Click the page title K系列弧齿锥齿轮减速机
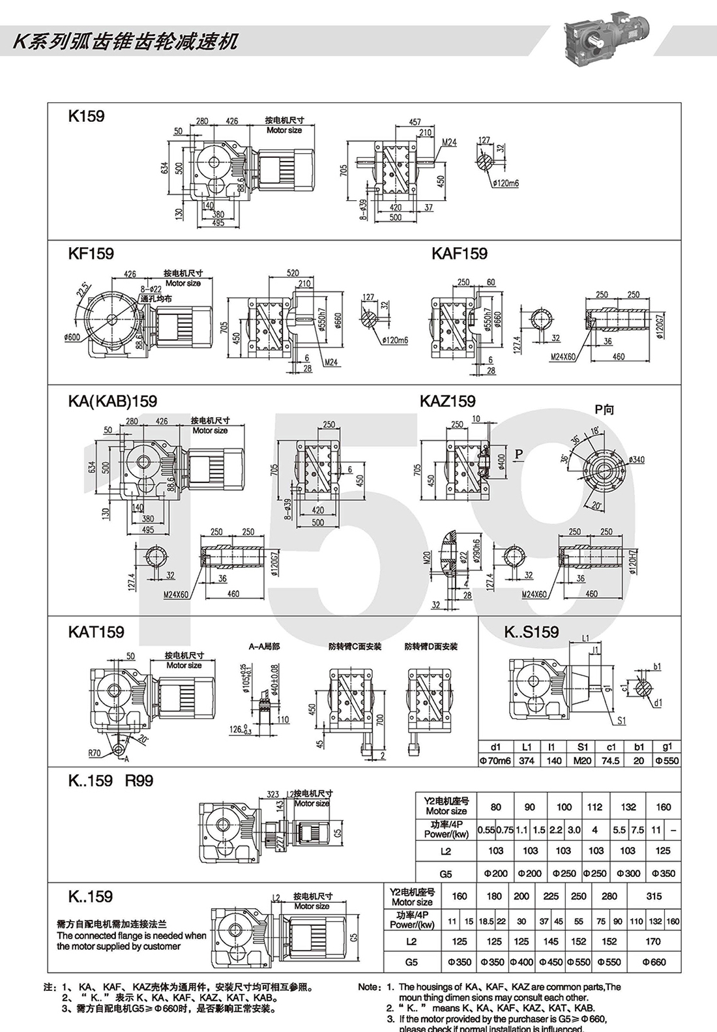tap(126, 41)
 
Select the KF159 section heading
tap(91, 253)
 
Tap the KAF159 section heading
tap(459, 253)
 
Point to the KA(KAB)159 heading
tap(112, 401)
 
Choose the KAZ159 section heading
tap(447, 401)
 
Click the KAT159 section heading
tap(96, 632)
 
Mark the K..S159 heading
tap(531, 632)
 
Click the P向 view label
tap(604, 410)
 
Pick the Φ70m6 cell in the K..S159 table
tap(496, 760)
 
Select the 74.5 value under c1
tap(611, 760)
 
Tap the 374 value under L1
tap(527, 760)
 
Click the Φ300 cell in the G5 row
tap(628, 874)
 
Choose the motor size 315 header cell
tap(653, 896)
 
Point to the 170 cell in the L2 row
tap(653, 941)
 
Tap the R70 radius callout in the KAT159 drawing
tap(95, 753)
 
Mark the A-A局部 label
tap(263, 647)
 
